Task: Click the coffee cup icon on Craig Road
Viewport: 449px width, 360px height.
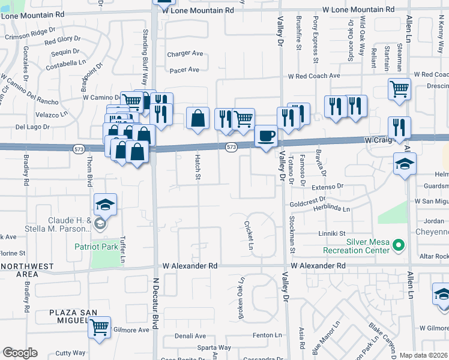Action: coord(266,136)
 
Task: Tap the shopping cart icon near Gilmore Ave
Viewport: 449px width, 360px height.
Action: coord(100,327)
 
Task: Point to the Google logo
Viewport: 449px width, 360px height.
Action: coord(19,353)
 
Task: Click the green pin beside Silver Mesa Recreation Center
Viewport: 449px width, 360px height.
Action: coord(397,245)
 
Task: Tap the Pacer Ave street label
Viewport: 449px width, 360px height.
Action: coord(184,70)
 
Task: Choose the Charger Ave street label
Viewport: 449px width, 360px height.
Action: coord(185,53)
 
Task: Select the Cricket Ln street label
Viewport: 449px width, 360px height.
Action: coord(249,235)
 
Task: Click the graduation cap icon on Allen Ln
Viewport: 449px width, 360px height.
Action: coord(405,164)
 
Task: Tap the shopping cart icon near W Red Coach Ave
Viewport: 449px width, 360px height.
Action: coord(399,89)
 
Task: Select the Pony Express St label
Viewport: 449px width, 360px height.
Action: coord(315,40)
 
